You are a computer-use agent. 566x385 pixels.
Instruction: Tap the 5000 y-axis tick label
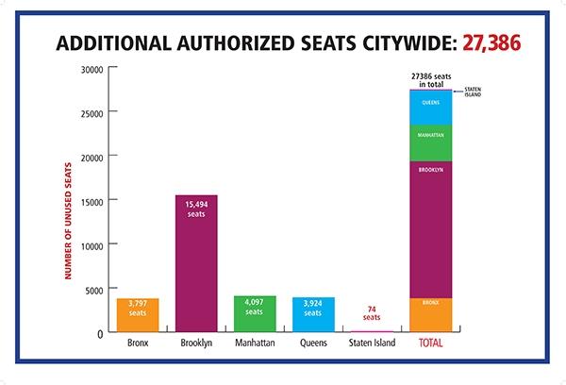92,289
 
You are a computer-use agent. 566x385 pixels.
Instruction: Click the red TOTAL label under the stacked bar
430,343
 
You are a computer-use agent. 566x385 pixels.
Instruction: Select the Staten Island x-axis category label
372,343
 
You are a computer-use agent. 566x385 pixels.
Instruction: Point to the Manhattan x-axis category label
255,343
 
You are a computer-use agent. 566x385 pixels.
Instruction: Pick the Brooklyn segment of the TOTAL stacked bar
430,229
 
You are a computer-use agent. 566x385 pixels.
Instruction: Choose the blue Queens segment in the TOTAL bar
430,107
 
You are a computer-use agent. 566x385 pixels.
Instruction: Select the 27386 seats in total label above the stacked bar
430,77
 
